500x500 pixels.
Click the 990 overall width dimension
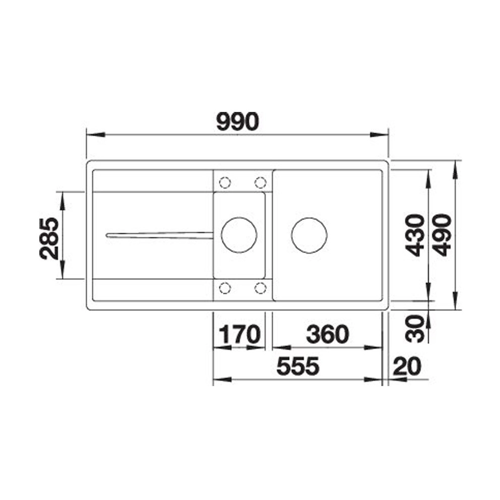237,121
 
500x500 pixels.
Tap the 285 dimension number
49,238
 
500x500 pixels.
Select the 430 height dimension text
415,236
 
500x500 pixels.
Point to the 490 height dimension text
442,236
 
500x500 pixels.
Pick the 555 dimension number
298,366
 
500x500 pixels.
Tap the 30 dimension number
415,329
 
